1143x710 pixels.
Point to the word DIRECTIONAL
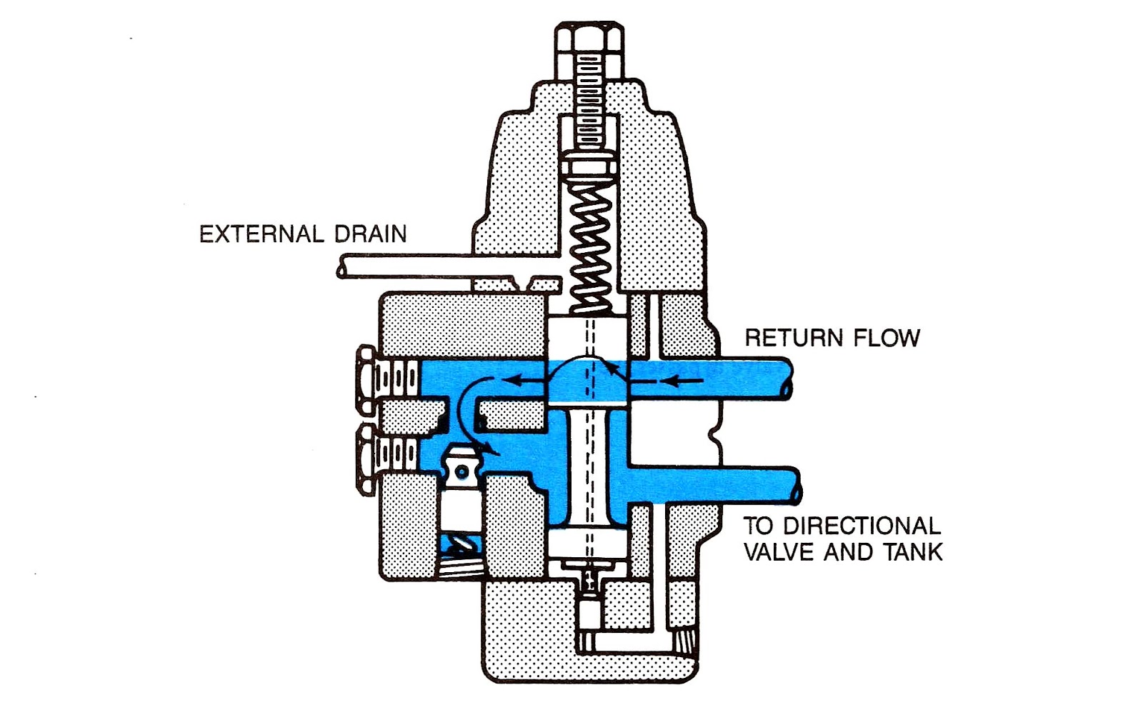(862, 526)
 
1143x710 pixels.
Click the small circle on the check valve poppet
(462, 472)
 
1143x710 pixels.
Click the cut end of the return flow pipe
(789, 379)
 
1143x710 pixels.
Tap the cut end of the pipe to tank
(796, 487)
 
